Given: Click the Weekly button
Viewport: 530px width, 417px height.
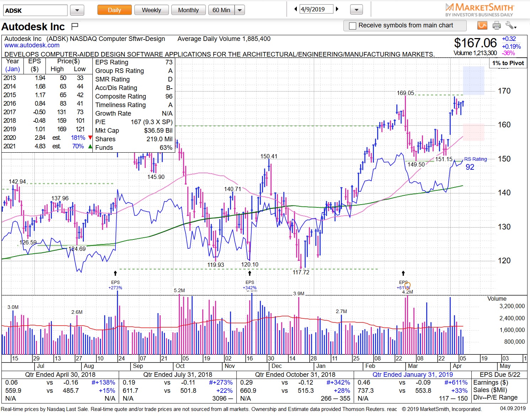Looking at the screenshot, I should [x=151, y=10].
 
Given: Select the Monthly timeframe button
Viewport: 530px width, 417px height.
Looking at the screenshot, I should [x=188, y=10].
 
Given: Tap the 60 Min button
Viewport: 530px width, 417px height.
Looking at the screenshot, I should [x=221, y=10].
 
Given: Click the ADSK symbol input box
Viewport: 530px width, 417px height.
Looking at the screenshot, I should [x=35, y=10].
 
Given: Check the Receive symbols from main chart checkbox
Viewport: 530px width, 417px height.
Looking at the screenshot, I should [x=353, y=26].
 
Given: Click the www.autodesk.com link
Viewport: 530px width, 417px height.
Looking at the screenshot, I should [x=32, y=45].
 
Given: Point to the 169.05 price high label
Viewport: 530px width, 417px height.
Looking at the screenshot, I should [x=405, y=93].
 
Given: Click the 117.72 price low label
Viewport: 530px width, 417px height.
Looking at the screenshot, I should [x=301, y=272].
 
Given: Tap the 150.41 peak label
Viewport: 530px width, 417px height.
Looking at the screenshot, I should [x=269, y=156].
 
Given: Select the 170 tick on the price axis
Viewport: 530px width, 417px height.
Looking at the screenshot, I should [x=504, y=91].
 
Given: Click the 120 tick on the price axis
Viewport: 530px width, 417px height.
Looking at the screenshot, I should [x=504, y=260].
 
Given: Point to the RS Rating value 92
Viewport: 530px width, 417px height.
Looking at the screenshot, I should [x=470, y=167].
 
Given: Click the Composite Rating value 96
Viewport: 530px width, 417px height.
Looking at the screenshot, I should [x=169, y=96].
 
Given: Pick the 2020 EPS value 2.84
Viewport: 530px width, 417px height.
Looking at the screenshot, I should [x=40, y=138].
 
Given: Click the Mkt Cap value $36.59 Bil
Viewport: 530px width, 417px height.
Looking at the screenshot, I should [x=158, y=131].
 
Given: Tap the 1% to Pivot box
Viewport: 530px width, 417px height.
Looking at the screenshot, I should [x=508, y=63].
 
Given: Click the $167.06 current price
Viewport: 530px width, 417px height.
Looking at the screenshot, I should [x=475, y=43].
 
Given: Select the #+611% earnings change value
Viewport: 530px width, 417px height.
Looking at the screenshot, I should [x=456, y=382].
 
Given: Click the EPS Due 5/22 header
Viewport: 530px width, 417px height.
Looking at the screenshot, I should [x=500, y=375].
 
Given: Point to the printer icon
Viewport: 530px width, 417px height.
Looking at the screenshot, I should [x=497, y=25].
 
